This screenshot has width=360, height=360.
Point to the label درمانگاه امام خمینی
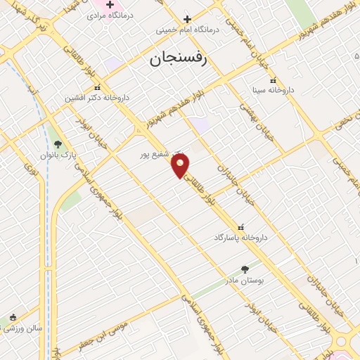pyautogui.click(x=188, y=30)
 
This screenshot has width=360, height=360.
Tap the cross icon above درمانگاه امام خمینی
pyautogui.click(x=187, y=19)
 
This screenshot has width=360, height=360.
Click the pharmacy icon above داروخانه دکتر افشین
pyautogui.click(x=96, y=87)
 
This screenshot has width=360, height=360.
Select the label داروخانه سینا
pyautogui.click(x=273, y=91)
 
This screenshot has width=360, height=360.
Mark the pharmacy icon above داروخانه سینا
pyautogui.click(x=273, y=80)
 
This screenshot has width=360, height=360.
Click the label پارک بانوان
pyautogui.click(x=58, y=153)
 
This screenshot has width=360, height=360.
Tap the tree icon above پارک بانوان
pyautogui.click(x=58, y=143)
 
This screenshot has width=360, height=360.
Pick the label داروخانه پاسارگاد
pyautogui.click(x=241, y=238)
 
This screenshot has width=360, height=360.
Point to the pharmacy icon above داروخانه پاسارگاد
pyautogui.click(x=241, y=227)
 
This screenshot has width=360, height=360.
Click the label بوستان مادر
pyautogui.click(x=245, y=280)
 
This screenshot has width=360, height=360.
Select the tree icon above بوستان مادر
pyautogui.click(x=245, y=269)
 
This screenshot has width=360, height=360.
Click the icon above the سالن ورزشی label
pyautogui.click(x=13, y=317)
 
